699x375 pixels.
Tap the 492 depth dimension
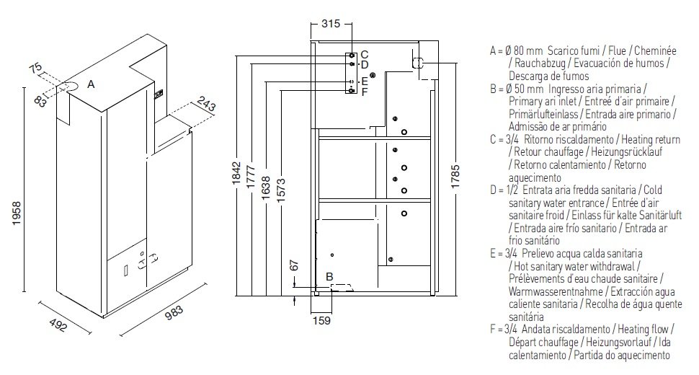click(x=58, y=325)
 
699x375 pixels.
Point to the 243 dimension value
click(x=206, y=104)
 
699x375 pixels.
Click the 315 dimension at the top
click(x=330, y=24)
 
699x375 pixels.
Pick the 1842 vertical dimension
click(x=236, y=172)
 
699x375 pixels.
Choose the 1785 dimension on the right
click(x=455, y=177)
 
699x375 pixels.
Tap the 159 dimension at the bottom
click(x=321, y=320)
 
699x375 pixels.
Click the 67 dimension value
click(x=294, y=266)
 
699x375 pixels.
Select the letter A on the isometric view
click(x=91, y=84)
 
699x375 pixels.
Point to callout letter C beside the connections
click(x=364, y=55)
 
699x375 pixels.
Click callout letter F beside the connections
click(x=364, y=92)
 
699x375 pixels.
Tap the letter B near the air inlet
click(x=329, y=277)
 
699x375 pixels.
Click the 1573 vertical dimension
click(x=281, y=191)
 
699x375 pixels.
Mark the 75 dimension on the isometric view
click(x=35, y=69)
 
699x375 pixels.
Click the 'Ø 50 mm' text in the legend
click(x=518, y=89)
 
